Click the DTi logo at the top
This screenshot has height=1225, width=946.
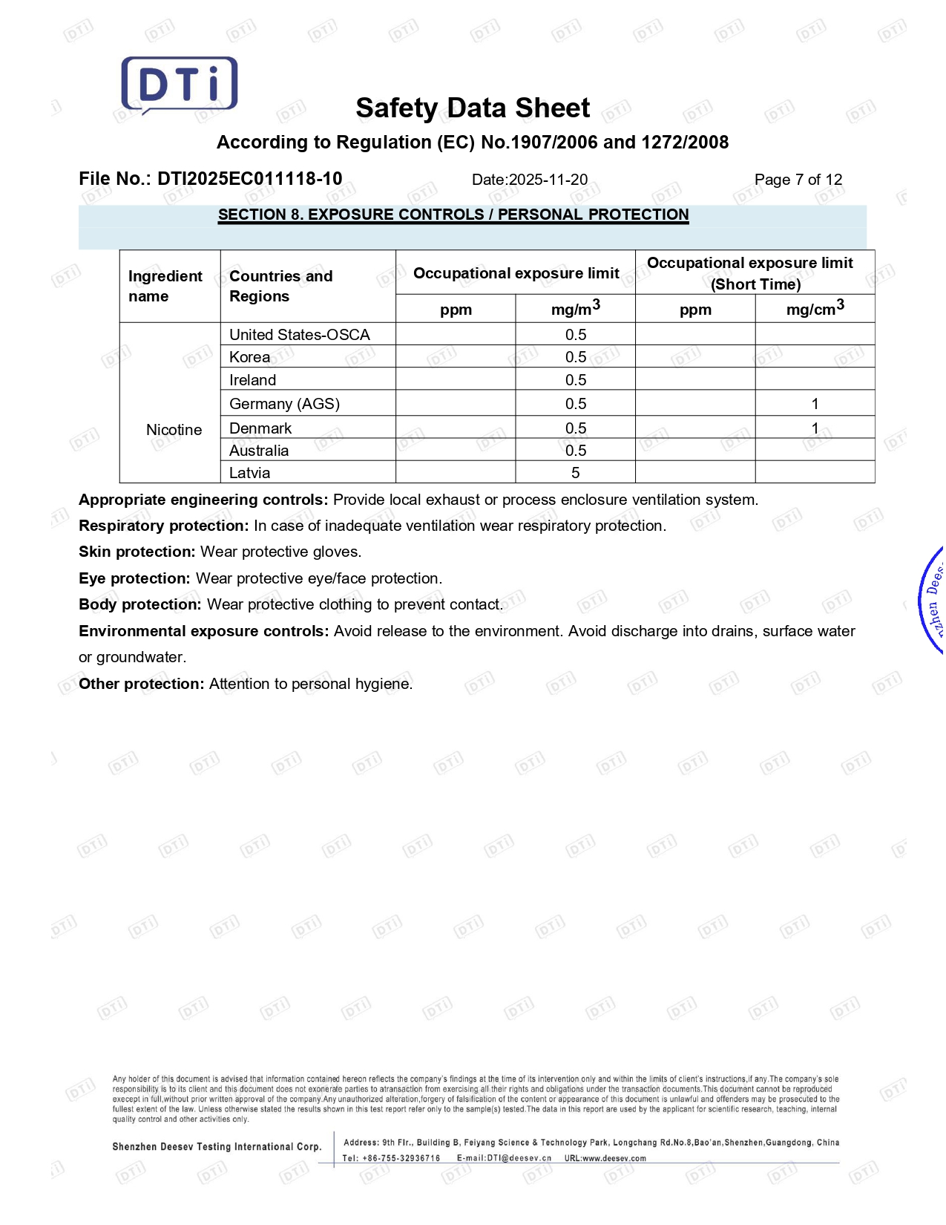point(180,85)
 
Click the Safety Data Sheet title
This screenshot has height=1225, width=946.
point(473,108)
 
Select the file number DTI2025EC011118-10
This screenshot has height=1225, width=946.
point(249,179)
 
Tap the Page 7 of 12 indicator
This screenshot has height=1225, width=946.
point(798,180)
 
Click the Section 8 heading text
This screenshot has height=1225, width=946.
point(453,215)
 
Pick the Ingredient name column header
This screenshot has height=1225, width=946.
point(165,286)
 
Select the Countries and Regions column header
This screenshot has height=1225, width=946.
point(280,286)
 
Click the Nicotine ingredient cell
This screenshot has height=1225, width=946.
point(174,430)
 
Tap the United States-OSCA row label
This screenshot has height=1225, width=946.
point(299,335)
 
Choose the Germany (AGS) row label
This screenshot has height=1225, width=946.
point(284,404)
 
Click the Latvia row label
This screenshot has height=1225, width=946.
point(249,473)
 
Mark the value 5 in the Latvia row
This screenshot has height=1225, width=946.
point(575,473)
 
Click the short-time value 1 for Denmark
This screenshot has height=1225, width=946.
point(815,428)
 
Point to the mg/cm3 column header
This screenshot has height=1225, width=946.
point(815,309)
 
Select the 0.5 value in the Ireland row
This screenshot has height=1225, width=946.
point(575,380)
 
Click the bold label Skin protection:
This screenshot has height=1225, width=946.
point(137,552)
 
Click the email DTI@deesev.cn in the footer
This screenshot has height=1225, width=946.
point(519,1158)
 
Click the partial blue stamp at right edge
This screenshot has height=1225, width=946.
point(932,600)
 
